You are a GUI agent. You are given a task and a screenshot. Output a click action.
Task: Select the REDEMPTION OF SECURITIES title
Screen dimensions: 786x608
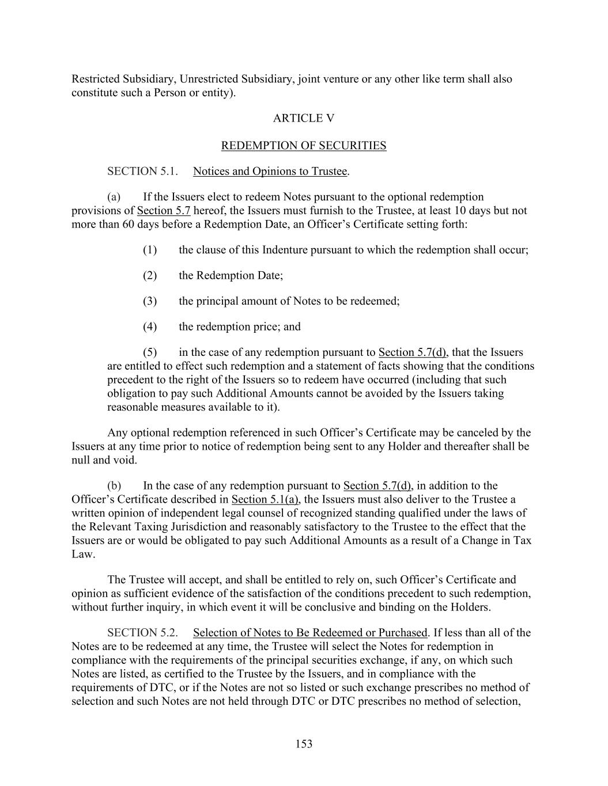pos(303,146)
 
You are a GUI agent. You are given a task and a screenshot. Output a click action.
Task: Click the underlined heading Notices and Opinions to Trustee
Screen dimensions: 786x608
pos(270,172)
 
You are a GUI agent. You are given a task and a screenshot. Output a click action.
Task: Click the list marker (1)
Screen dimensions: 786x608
pos(150,250)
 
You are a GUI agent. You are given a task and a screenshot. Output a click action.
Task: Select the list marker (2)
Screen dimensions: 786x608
pos(150,275)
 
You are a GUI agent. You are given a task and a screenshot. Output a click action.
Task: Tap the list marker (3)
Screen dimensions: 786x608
pos(150,301)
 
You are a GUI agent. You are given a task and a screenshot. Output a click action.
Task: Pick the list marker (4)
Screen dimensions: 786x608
pos(150,327)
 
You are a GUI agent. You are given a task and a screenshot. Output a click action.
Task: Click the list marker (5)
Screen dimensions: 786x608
pos(150,352)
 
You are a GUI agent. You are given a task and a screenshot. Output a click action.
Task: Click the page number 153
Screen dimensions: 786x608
pos(304,744)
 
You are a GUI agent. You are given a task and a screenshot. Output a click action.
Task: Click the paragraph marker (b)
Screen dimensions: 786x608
pos(114,485)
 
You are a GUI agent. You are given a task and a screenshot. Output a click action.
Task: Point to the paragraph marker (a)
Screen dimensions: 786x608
pos(114,197)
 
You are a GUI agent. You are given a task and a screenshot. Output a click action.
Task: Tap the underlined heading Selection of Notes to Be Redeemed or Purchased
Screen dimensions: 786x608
pos(310,633)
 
